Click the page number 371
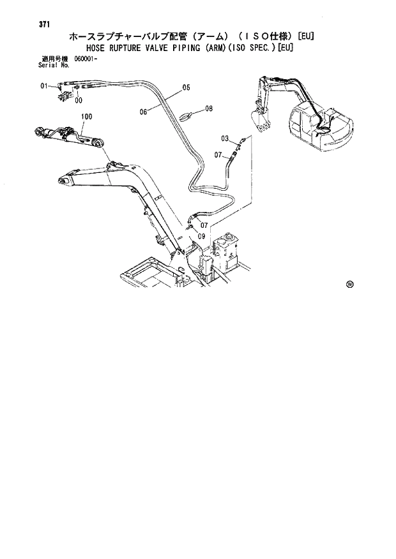pyautogui.click(x=44, y=25)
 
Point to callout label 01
pyautogui.click(x=44, y=86)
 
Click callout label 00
pyautogui.click(x=78, y=100)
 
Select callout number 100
pyautogui.click(x=87, y=117)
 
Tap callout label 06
pyautogui.click(x=144, y=112)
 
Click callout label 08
pyautogui.click(x=208, y=109)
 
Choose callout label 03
pyautogui.click(x=225, y=138)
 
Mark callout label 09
pyautogui.click(x=201, y=237)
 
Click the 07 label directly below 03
pyautogui.click(x=218, y=155)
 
